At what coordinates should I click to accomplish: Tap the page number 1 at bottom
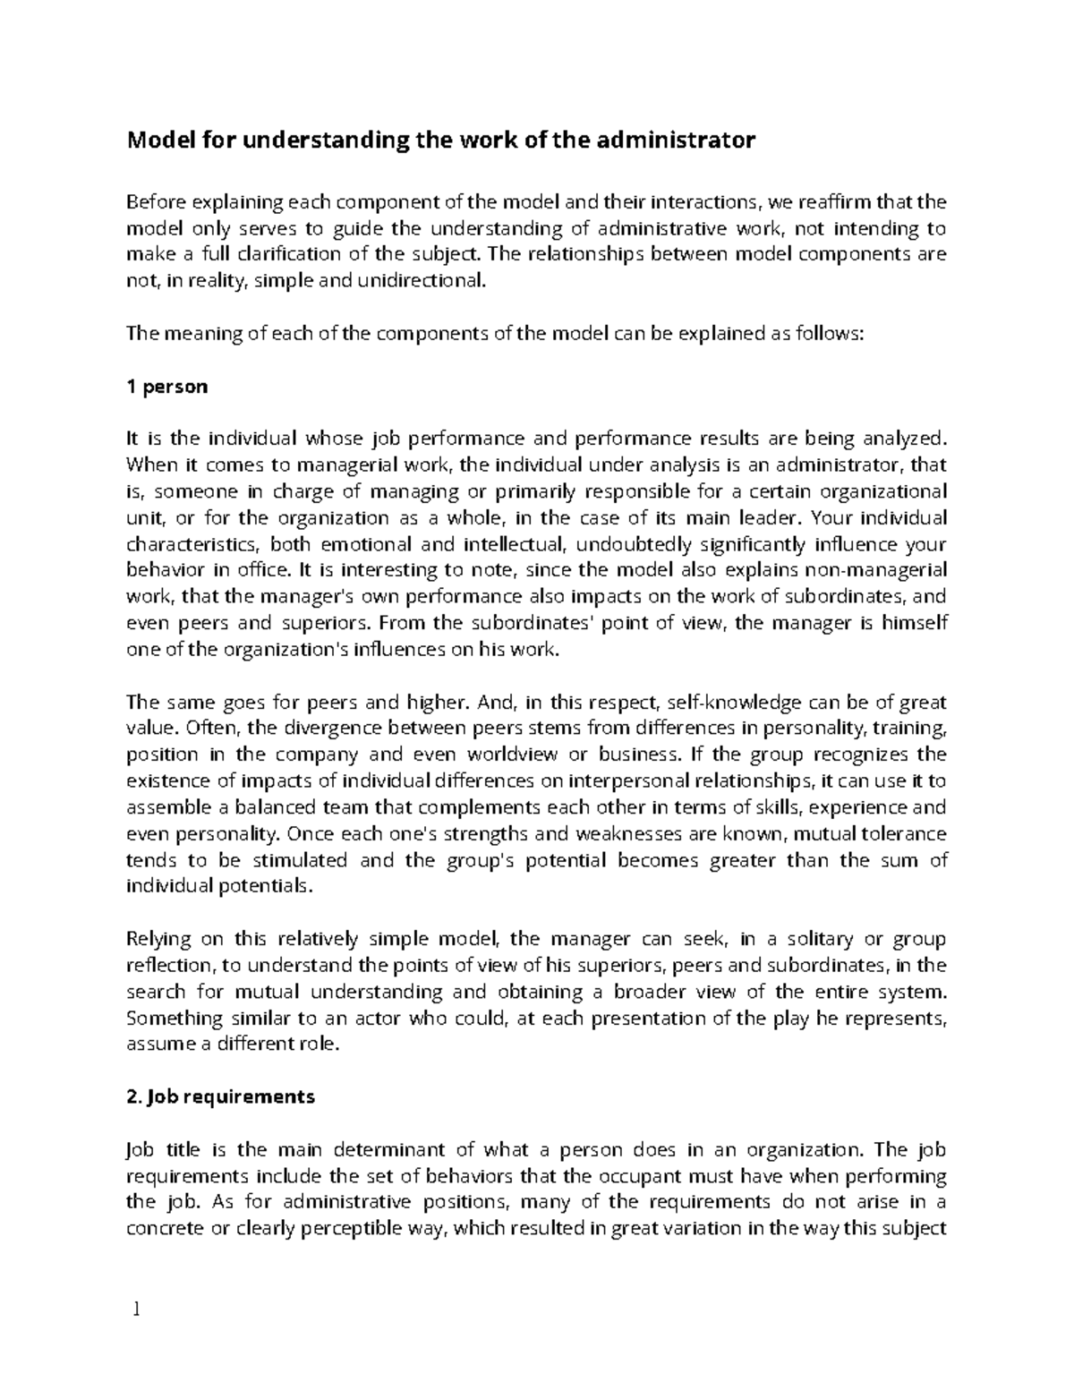coord(136,1310)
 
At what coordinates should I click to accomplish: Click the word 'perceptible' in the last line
coord(391,1228)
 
